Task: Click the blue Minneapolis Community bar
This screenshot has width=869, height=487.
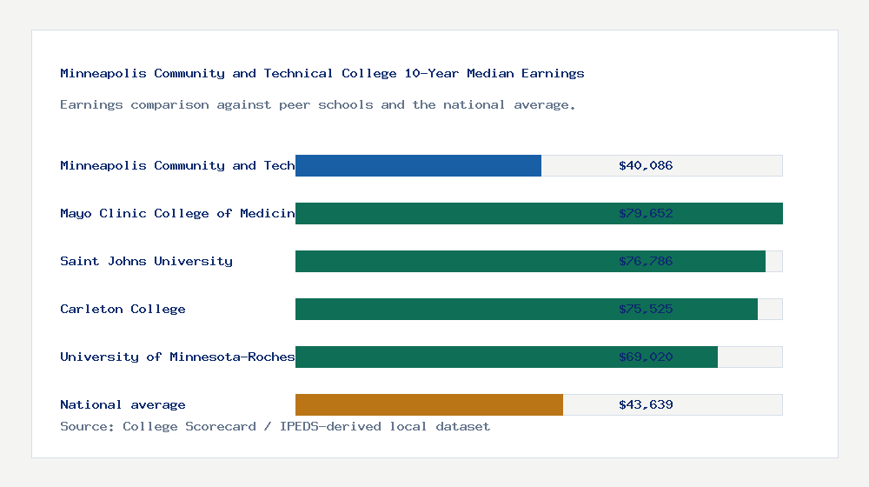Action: coord(418,165)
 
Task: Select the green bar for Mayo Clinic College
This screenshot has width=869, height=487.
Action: coord(452,213)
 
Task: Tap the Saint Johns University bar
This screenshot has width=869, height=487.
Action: coord(452,261)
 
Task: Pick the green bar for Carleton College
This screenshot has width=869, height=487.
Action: coord(452,309)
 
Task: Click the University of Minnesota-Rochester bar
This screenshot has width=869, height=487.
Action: coord(452,357)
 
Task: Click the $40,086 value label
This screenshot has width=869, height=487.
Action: coord(646,165)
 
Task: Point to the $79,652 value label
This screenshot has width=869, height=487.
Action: coord(646,213)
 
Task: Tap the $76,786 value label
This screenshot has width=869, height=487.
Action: coord(646,261)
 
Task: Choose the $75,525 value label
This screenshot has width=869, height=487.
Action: coord(646,309)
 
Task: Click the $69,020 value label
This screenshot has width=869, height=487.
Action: coord(646,357)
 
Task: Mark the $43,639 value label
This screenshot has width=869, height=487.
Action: coord(646,404)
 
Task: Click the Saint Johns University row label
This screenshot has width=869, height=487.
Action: coord(146,261)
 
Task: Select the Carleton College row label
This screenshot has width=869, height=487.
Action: coord(123,309)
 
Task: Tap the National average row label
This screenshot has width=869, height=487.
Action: coord(123,404)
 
